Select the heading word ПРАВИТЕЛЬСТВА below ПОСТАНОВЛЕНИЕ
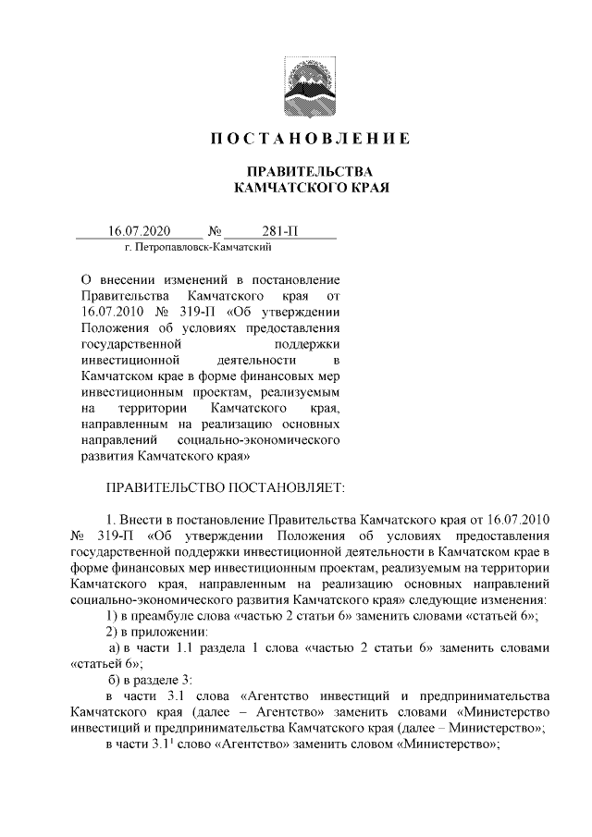tap(307, 172)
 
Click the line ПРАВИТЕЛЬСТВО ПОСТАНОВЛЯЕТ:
tap(226, 486)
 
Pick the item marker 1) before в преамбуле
tap(111, 617)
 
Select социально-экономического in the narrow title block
tap(265, 439)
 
